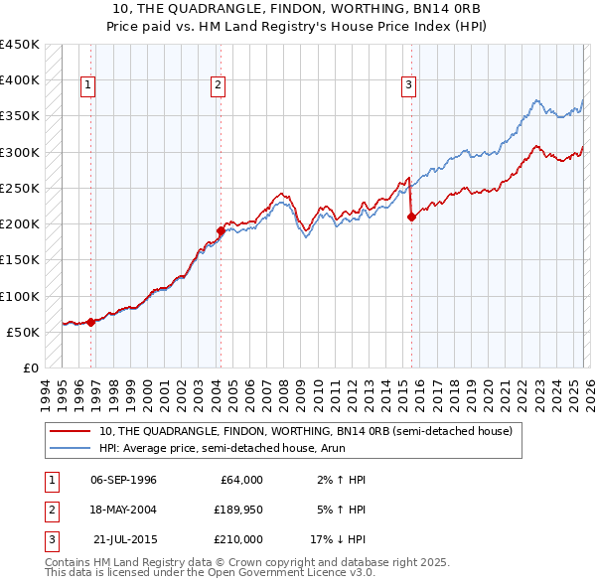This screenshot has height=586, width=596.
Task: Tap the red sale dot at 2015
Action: (x=411, y=217)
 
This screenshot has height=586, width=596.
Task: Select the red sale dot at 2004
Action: (x=221, y=231)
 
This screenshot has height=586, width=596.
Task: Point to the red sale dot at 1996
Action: (x=90, y=322)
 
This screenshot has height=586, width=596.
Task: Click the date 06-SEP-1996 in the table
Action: (x=123, y=480)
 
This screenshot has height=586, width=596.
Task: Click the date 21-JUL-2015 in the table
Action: (x=123, y=539)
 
